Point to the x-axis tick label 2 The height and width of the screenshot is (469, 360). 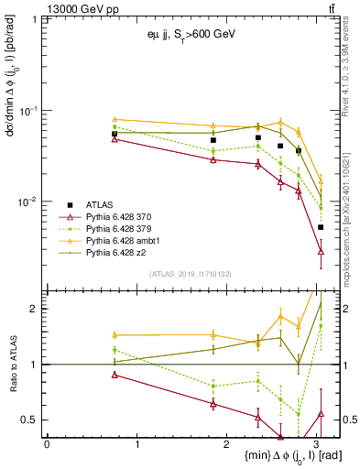pyautogui.click(x=228, y=444)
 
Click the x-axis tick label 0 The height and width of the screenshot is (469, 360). pyautogui.click(x=47, y=444)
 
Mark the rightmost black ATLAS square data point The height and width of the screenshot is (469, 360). pyautogui.click(x=321, y=227)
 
